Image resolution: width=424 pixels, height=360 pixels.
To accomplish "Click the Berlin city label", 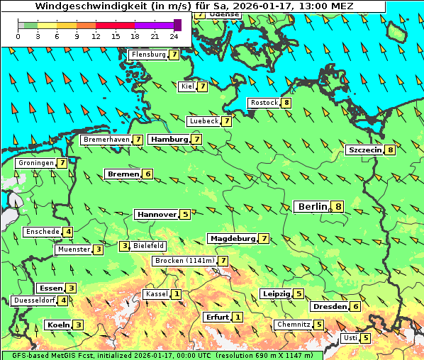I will point(312,206).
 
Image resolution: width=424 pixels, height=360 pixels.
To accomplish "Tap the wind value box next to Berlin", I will point(339,207).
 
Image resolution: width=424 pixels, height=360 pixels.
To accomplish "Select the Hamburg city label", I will point(169,140).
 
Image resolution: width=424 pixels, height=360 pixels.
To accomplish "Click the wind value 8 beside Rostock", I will point(286,103).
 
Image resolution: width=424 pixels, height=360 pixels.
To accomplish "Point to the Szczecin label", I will point(364,150).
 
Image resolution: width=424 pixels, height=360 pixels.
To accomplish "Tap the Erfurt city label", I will point(217,317).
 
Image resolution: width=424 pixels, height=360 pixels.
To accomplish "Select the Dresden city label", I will point(329,307).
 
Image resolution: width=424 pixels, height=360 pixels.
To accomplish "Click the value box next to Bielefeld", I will point(125,246).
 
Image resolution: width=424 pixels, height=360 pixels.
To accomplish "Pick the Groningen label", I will point(36,163).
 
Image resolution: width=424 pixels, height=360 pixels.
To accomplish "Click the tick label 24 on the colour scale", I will point(174,36).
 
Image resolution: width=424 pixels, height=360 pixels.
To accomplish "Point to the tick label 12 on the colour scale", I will point(96,36).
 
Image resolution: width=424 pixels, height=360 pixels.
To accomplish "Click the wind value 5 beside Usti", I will point(366,338).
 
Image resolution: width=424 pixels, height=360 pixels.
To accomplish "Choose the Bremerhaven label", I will point(106,140).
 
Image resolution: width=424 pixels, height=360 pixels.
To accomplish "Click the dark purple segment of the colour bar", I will point(177,25).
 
